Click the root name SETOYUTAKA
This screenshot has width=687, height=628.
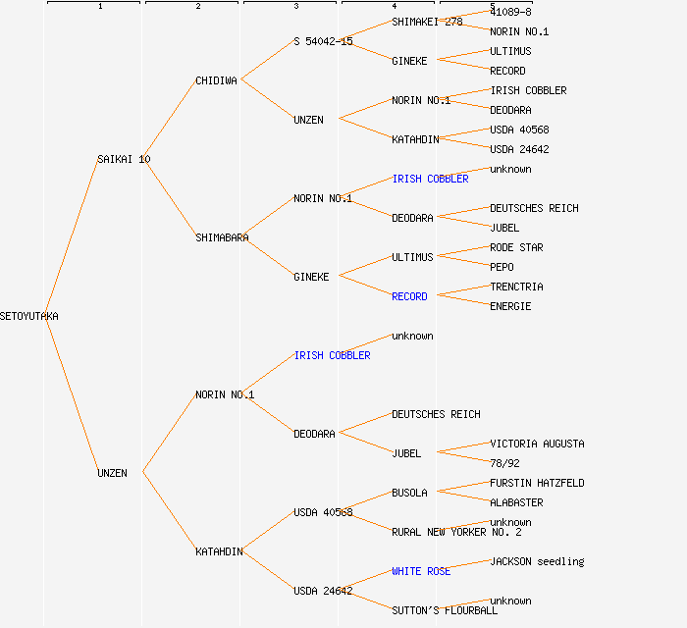pyautogui.click(x=29, y=316)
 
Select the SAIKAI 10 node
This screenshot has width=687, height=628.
pyautogui.click(x=124, y=159)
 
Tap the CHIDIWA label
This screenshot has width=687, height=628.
pyautogui.click(x=216, y=80)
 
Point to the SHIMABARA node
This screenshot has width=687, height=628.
pyautogui.click(x=222, y=237)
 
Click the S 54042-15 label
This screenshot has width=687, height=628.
pyautogui.click(x=323, y=41)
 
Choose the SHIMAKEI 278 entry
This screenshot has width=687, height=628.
pyautogui.click(x=427, y=22)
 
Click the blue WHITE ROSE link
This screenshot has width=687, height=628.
pyautogui.click(x=421, y=571)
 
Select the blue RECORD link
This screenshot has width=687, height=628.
pyautogui.click(x=409, y=296)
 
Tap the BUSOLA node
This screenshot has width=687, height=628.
pyautogui.click(x=409, y=493)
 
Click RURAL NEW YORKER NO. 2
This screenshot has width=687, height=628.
pyautogui.click(x=456, y=532)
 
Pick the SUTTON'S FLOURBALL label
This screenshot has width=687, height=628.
pyautogui.click(x=445, y=610)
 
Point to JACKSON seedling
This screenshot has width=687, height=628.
pyautogui.click(x=537, y=561)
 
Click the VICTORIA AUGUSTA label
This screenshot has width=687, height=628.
pyautogui.click(x=537, y=444)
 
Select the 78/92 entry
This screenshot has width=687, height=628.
pyautogui.click(x=504, y=463)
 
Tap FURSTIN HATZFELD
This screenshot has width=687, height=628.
pyautogui.click(x=537, y=483)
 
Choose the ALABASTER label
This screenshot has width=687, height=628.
pyautogui.click(x=516, y=502)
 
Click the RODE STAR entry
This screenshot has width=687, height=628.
pyautogui.click(x=516, y=247)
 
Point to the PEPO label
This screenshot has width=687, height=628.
pyautogui.click(x=502, y=267)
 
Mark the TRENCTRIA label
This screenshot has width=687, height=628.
pyautogui.click(x=516, y=287)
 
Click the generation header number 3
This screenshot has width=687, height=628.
pyautogui.click(x=295, y=7)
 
